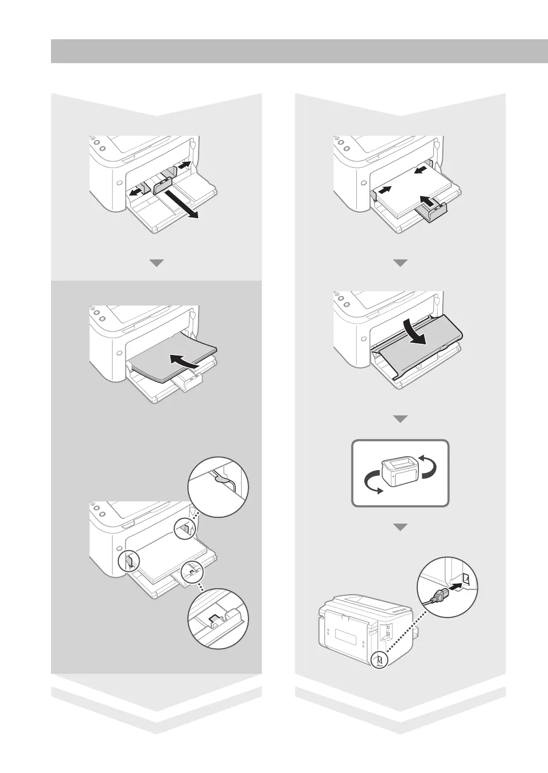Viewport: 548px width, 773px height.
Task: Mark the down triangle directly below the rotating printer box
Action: click(401, 527)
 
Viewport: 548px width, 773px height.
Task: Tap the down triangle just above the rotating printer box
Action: click(401, 419)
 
